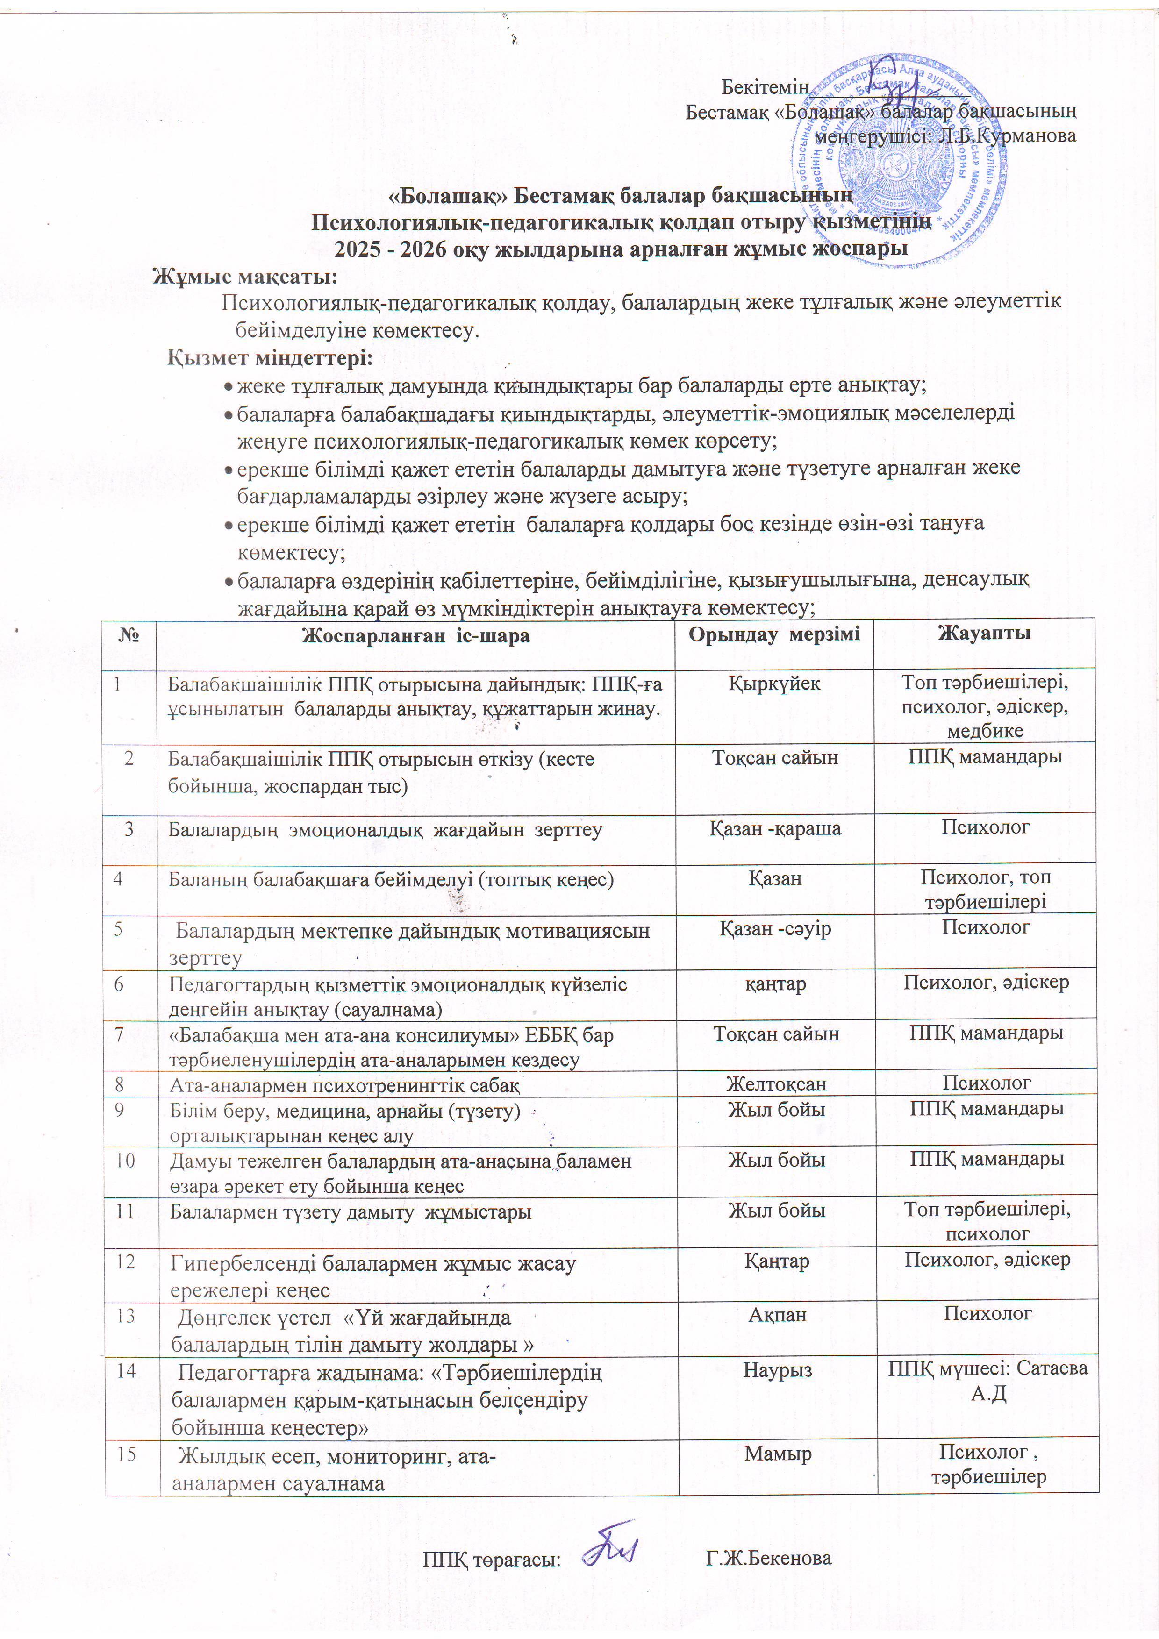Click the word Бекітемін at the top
point(764,88)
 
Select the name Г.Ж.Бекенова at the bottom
point(768,1558)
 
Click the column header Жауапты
point(984,633)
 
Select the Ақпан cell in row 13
point(777,1314)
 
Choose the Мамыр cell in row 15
point(778,1454)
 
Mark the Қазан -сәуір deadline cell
point(775,929)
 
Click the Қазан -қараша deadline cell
point(775,829)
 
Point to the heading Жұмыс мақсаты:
point(245,276)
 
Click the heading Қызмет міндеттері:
point(270,357)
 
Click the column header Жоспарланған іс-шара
point(415,635)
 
